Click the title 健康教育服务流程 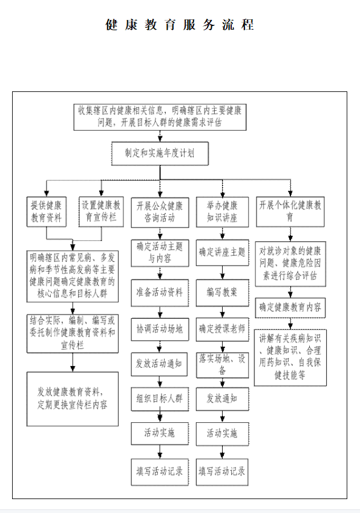tap(179, 25)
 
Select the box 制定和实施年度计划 tap(160, 154)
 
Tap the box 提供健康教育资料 tap(47, 211)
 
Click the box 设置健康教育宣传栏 tap(101, 211)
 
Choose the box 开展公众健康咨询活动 tap(160, 212)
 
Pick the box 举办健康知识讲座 tap(222, 212)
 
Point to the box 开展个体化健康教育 tap(290, 212)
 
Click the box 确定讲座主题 tap(222, 252)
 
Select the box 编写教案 tap(222, 293)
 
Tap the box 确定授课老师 tap(222, 330)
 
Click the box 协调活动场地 tap(160, 330)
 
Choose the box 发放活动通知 tap(159, 364)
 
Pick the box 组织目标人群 tap(160, 399)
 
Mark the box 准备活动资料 tap(160, 293)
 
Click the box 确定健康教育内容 tap(290, 307)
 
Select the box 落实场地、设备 tap(222, 365)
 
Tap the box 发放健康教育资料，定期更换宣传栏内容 tap(73, 399)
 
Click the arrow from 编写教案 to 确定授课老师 tap(222, 312)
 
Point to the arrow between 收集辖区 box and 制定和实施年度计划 tap(160, 136)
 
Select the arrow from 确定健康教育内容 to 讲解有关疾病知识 tap(290, 324)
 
